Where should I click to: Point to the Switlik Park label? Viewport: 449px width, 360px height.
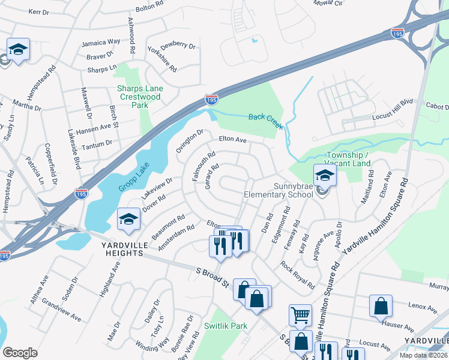pos(226,326)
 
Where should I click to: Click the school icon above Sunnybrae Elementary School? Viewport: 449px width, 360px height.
pos(325,175)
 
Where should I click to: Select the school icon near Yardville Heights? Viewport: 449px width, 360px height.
pos(128,219)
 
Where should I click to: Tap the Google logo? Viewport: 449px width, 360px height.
pos(20,353)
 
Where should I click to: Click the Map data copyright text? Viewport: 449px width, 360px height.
pos(423,355)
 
